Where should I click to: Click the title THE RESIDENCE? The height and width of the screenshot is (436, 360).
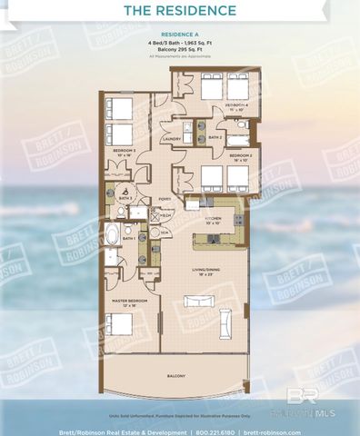179,12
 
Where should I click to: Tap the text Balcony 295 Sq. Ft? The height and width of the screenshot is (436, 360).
179,51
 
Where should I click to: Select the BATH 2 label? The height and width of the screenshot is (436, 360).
215,137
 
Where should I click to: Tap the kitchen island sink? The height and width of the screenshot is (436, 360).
208,240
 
